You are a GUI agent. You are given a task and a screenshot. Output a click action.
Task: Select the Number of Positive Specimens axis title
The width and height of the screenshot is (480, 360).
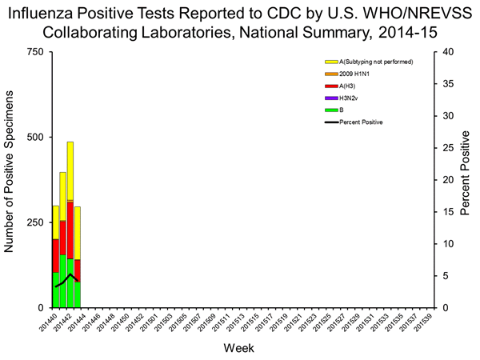coord(11,180)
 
